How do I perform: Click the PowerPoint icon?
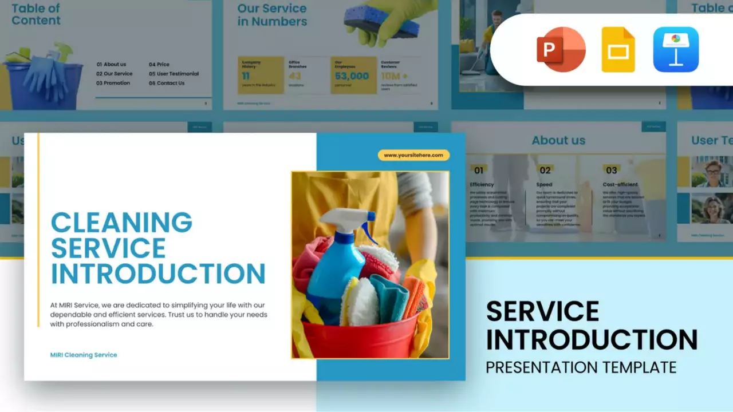click(x=561, y=49)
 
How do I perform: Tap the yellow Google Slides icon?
click(x=618, y=50)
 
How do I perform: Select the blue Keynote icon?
click(x=676, y=50)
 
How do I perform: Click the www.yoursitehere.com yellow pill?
click(x=413, y=155)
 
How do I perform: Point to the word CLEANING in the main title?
click(x=121, y=223)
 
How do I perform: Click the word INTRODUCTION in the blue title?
click(x=158, y=274)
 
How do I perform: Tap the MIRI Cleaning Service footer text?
click(x=84, y=355)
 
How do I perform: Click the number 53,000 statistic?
click(x=352, y=76)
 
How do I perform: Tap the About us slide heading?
click(x=558, y=140)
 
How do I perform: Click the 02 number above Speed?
click(x=545, y=170)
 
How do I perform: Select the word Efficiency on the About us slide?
click(x=482, y=185)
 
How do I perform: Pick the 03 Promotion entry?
click(x=113, y=83)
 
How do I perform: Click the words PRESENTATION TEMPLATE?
click(x=581, y=367)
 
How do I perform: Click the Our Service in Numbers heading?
click(x=272, y=15)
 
